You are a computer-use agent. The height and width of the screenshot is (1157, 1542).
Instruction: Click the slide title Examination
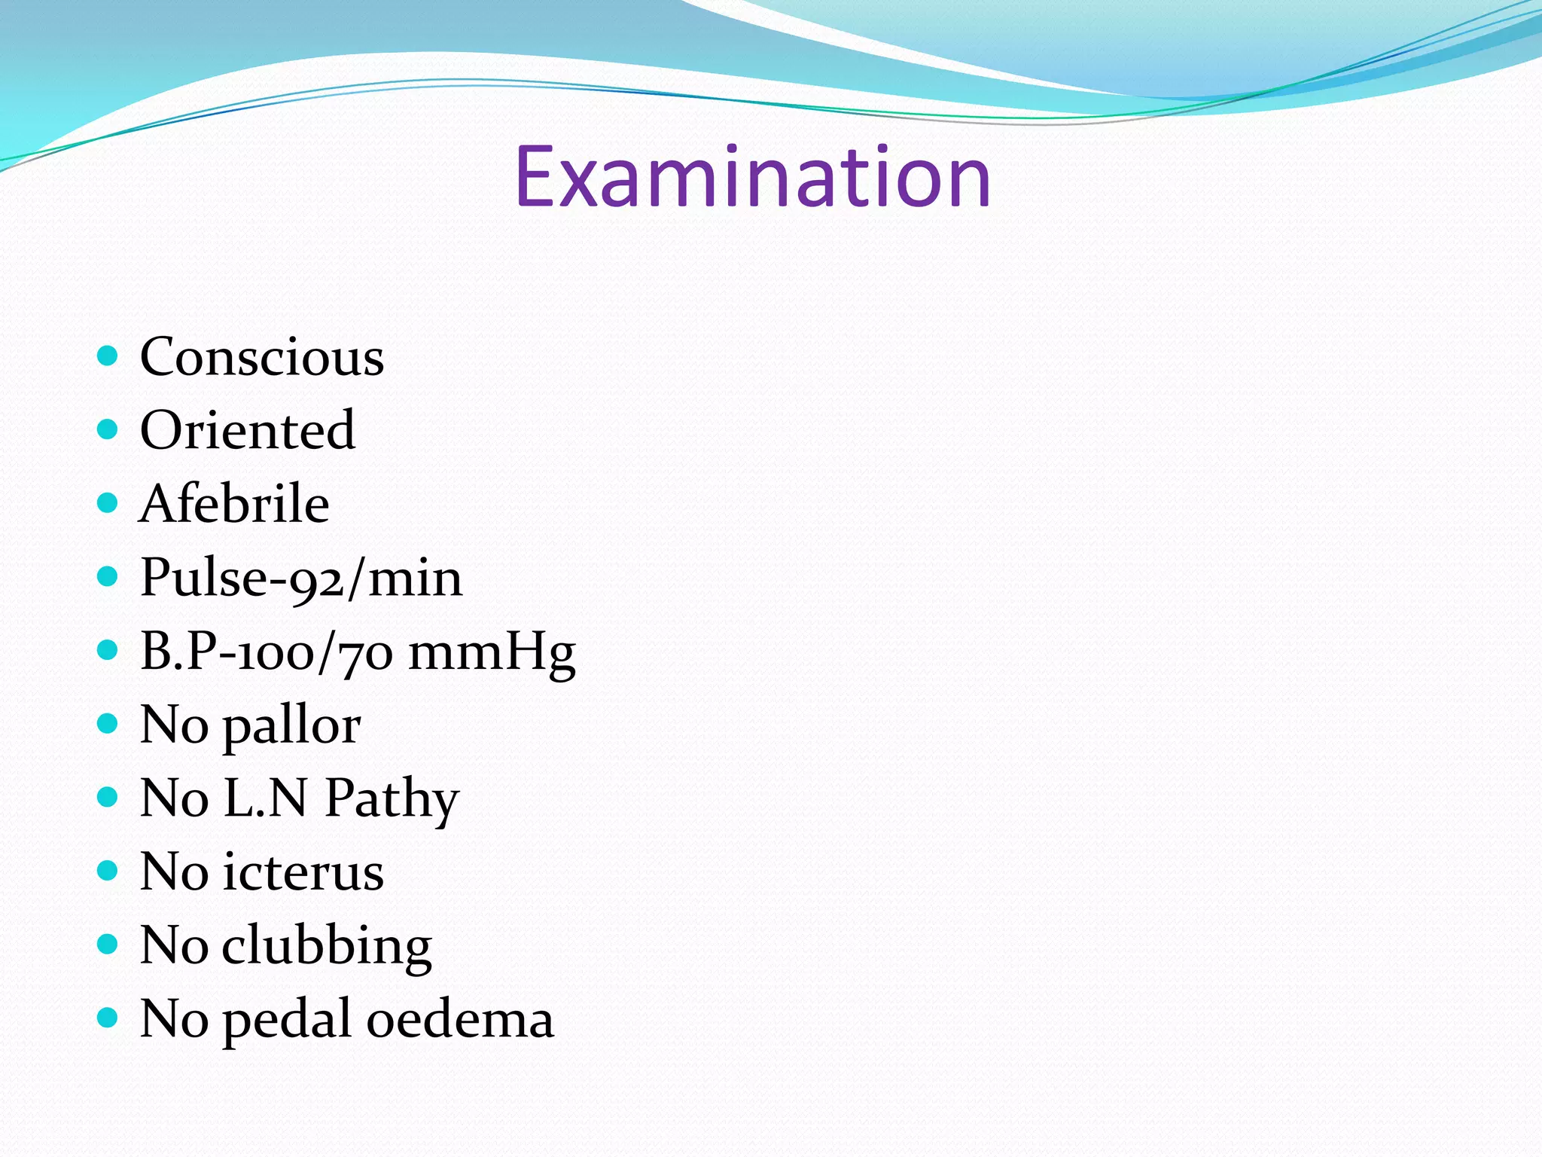click(752, 178)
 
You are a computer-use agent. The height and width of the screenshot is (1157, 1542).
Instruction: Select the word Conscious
click(262, 356)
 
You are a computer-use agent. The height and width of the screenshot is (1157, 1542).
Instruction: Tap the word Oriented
click(248, 430)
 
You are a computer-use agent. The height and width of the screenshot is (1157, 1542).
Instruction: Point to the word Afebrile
click(234, 503)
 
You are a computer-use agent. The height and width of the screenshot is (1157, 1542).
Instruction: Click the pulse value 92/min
click(376, 578)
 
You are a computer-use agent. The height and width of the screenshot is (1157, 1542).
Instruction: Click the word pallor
click(291, 726)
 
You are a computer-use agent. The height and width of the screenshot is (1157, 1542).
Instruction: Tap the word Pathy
click(392, 799)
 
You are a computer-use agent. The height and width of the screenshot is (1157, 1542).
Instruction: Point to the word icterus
click(303, 872)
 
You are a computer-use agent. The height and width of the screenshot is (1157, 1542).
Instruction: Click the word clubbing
click(327, 946)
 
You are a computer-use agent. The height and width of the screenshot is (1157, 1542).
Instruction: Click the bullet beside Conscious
click(108, 356)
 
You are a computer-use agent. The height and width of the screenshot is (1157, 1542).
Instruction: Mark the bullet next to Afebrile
click(108, 502)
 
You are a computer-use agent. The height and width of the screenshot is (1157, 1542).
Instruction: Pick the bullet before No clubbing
click(108, 945)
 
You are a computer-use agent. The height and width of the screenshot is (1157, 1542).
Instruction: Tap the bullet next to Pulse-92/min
click(108, 576)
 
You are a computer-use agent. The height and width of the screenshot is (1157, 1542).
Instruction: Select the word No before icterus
click(174, 872)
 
